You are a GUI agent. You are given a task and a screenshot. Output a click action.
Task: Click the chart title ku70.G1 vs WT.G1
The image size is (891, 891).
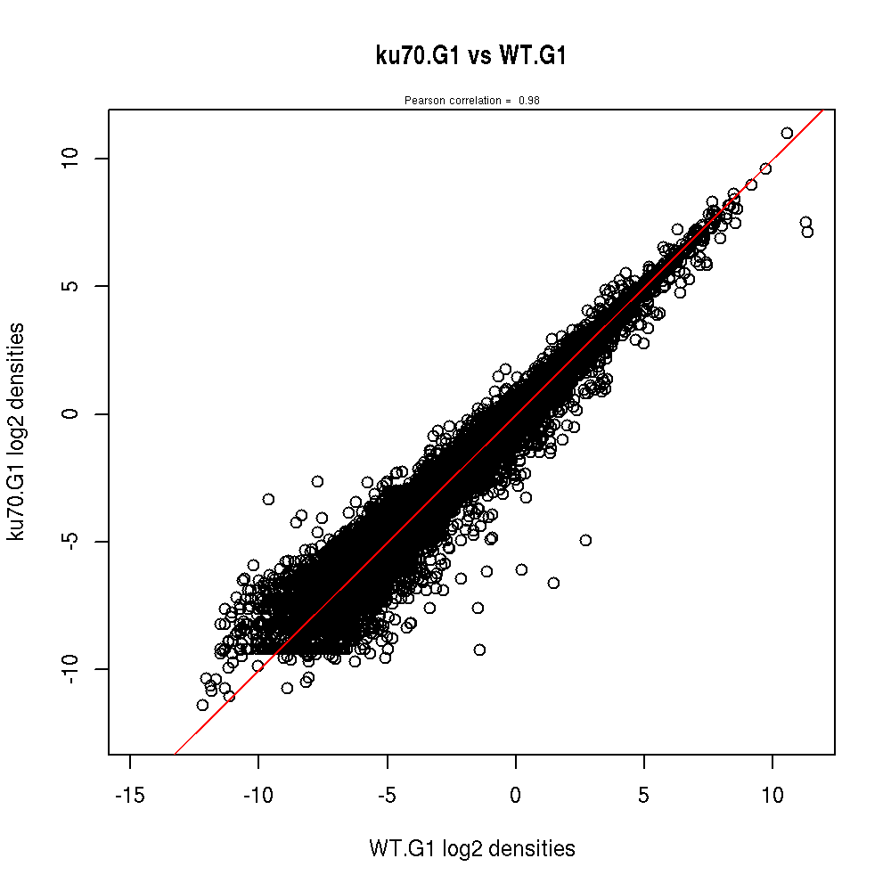(x=471, y=56)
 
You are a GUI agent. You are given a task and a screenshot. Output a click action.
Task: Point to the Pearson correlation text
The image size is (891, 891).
(x=471, y=101)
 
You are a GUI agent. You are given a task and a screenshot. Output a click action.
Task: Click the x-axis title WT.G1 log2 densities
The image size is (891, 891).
(x=471, y=849)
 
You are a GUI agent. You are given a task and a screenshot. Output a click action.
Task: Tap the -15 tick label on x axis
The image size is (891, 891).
(x=130, y=794)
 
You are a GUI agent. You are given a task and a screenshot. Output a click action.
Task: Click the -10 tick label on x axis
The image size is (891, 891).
(x=258, y=794)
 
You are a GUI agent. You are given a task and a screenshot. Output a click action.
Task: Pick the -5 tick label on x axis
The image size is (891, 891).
(x=387, y=794)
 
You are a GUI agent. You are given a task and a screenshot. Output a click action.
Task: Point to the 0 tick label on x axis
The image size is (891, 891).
(x=515, y=794)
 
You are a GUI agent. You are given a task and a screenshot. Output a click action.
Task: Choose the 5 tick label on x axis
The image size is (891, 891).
(x=643, y=794)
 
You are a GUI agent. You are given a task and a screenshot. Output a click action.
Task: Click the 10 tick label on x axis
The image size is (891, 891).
(x=772, y=794)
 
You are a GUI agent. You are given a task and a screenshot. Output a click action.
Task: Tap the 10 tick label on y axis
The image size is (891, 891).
(x=72, y=159)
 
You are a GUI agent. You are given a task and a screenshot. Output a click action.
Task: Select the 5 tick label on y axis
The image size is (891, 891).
(x=72, y=286)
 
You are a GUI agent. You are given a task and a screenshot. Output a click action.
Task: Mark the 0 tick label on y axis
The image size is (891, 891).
(x=72, y=413)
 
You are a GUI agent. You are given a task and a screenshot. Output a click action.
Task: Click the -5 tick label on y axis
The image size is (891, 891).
(x=72, y=541)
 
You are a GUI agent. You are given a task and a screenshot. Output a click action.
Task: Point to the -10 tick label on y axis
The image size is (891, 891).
(x=72, y=669)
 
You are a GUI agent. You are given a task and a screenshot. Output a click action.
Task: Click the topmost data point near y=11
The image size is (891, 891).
(x=787, y=133)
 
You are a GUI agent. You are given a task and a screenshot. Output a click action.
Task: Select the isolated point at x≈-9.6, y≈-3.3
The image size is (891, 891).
(x=268, y=499)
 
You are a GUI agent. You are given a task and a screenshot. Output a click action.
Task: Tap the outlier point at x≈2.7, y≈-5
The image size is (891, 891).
(x=585, y=540)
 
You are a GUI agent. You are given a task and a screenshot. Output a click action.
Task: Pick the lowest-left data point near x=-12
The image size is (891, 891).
(x=202, y=705)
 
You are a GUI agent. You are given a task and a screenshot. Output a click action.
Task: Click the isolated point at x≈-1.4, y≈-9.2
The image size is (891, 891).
(x=479, y=650)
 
